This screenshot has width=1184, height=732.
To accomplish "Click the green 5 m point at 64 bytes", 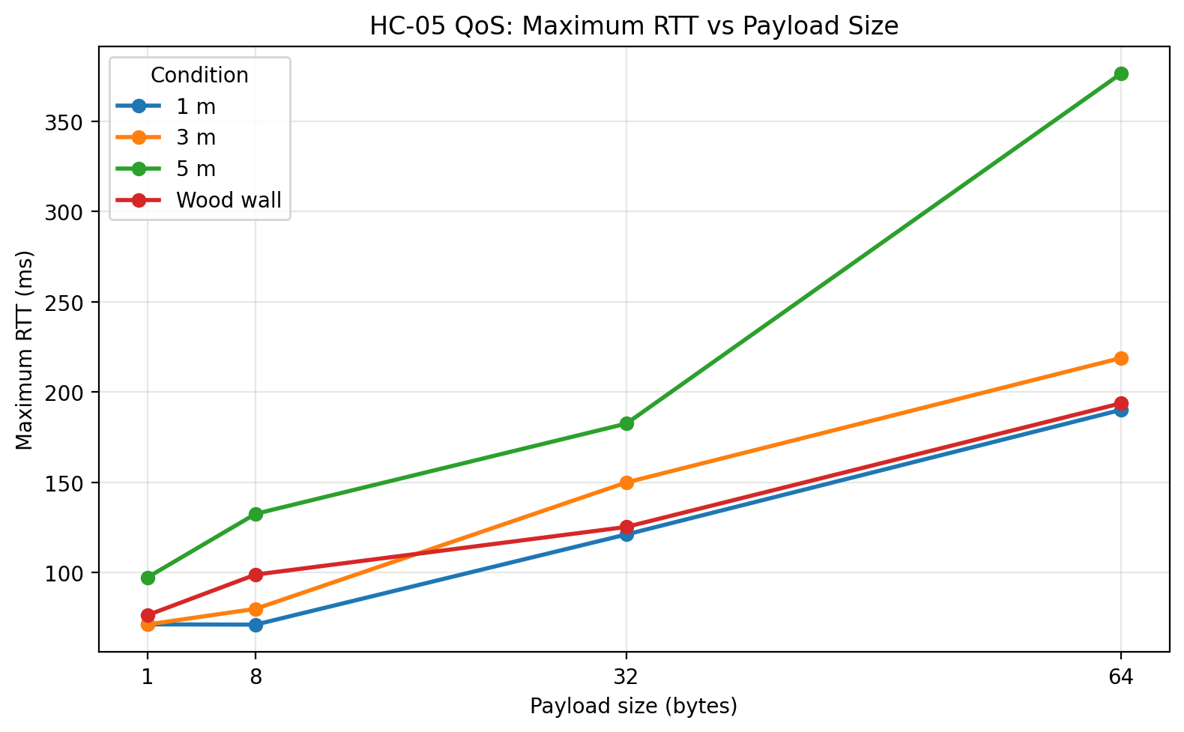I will [1121, 73].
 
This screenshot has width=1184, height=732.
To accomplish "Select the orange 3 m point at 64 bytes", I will [1121, 358].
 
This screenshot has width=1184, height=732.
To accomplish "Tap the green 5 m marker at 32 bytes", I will [626, 423].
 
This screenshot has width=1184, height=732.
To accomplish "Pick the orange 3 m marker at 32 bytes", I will [626, 483].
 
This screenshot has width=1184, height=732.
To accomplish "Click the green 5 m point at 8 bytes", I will [256, 514].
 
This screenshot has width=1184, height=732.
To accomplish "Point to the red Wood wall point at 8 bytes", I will [256, 575].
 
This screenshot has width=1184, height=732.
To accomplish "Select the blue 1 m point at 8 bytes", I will [256, 625].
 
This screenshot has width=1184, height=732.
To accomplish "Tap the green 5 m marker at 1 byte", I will [148, 578].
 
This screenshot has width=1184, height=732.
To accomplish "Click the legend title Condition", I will [199, 76].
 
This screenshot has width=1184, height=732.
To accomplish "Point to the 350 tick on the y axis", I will [67, 122].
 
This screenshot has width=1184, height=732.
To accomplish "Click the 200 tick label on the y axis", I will [67, 393].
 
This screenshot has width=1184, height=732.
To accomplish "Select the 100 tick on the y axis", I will [67, 573].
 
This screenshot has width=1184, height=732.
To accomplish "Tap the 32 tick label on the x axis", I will [626, 677].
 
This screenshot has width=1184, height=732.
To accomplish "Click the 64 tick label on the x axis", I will [1121, 677].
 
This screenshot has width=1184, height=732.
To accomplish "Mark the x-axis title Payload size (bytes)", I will [634, 707].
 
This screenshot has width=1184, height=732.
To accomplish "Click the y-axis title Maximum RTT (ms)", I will [25, 350].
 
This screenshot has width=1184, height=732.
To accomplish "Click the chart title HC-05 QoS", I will [634, 26].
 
